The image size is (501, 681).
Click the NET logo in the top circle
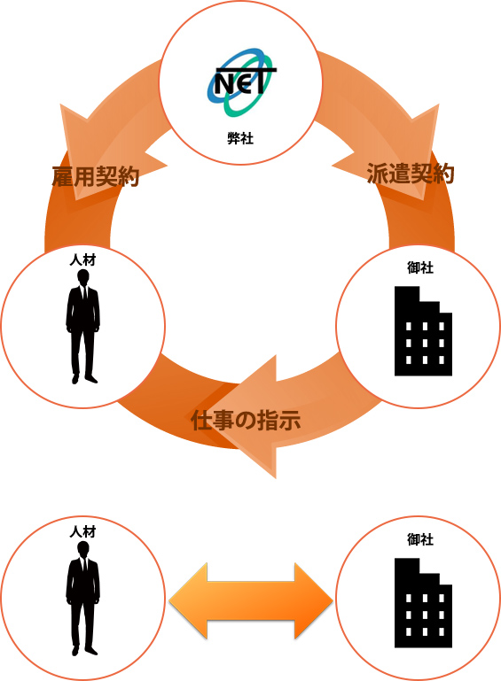coord(241,82)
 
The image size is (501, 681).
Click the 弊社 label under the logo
coord(240,138)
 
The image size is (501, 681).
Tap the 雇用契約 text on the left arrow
coord(95,176)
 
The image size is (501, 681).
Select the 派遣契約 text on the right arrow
coord(411,174)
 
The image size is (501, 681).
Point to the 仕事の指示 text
coord(246,420)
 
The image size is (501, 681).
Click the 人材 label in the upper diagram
coord(82,259)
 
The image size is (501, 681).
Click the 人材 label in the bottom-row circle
coord(82,531)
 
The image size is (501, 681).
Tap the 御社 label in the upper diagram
coord(420,267)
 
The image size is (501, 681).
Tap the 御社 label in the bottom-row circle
coord(420,539)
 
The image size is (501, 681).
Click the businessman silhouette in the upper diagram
coord(82,327)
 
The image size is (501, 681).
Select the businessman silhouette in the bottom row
coord(82,598)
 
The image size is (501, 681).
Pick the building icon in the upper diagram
coord(423,331)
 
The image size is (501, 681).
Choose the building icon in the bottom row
coord(423,603)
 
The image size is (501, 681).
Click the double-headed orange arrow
coord(250,601)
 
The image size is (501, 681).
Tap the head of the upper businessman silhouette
coord(83,277)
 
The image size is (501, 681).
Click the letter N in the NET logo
coord(224,84)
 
